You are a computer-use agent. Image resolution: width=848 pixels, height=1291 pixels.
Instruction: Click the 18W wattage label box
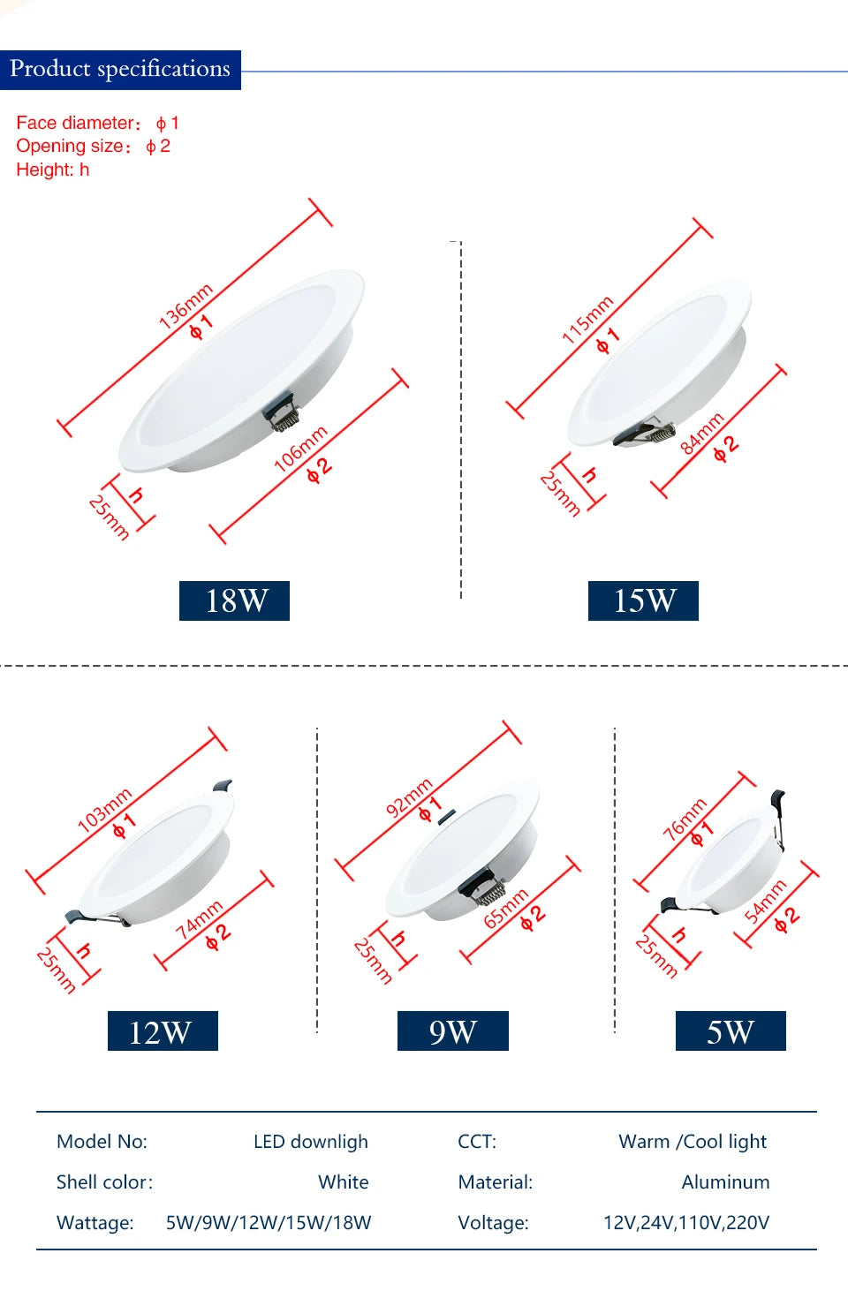[234, 600]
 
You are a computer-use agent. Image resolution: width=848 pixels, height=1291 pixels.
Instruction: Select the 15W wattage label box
[643, 600]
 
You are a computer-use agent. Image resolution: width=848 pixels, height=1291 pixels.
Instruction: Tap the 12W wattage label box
[163, 1031]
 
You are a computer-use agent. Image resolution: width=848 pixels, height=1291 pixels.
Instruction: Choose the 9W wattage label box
[452, 1031]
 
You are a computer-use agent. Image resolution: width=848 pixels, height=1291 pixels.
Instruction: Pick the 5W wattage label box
[731, 1031]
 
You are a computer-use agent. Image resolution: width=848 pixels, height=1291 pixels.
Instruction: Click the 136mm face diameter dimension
[185, 306]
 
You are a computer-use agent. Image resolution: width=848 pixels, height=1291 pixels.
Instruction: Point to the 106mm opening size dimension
[300, 449]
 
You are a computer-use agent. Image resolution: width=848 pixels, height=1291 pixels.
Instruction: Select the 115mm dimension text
[587, 319]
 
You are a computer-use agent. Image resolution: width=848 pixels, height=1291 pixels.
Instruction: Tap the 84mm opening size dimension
[702, 433]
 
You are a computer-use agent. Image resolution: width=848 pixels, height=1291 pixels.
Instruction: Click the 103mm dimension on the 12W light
[104, 810]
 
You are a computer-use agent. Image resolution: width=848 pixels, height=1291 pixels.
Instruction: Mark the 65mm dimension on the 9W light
[506, 909]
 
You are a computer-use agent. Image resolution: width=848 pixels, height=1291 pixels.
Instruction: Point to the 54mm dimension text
[765, 901]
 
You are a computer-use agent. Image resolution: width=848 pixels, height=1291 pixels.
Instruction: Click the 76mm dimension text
[685, 818]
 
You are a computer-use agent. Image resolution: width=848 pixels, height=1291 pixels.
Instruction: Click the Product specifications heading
[120, 69]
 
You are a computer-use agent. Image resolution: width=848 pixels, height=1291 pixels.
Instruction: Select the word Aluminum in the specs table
[725, 1182]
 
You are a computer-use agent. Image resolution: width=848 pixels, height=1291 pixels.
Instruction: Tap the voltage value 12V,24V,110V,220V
[685, 1222]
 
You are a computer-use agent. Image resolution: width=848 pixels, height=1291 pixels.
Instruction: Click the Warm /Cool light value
[693, 1141]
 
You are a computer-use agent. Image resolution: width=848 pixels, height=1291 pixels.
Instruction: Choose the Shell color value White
[344, 1182]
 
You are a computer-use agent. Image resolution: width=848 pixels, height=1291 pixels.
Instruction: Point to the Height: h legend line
[53, 170]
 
